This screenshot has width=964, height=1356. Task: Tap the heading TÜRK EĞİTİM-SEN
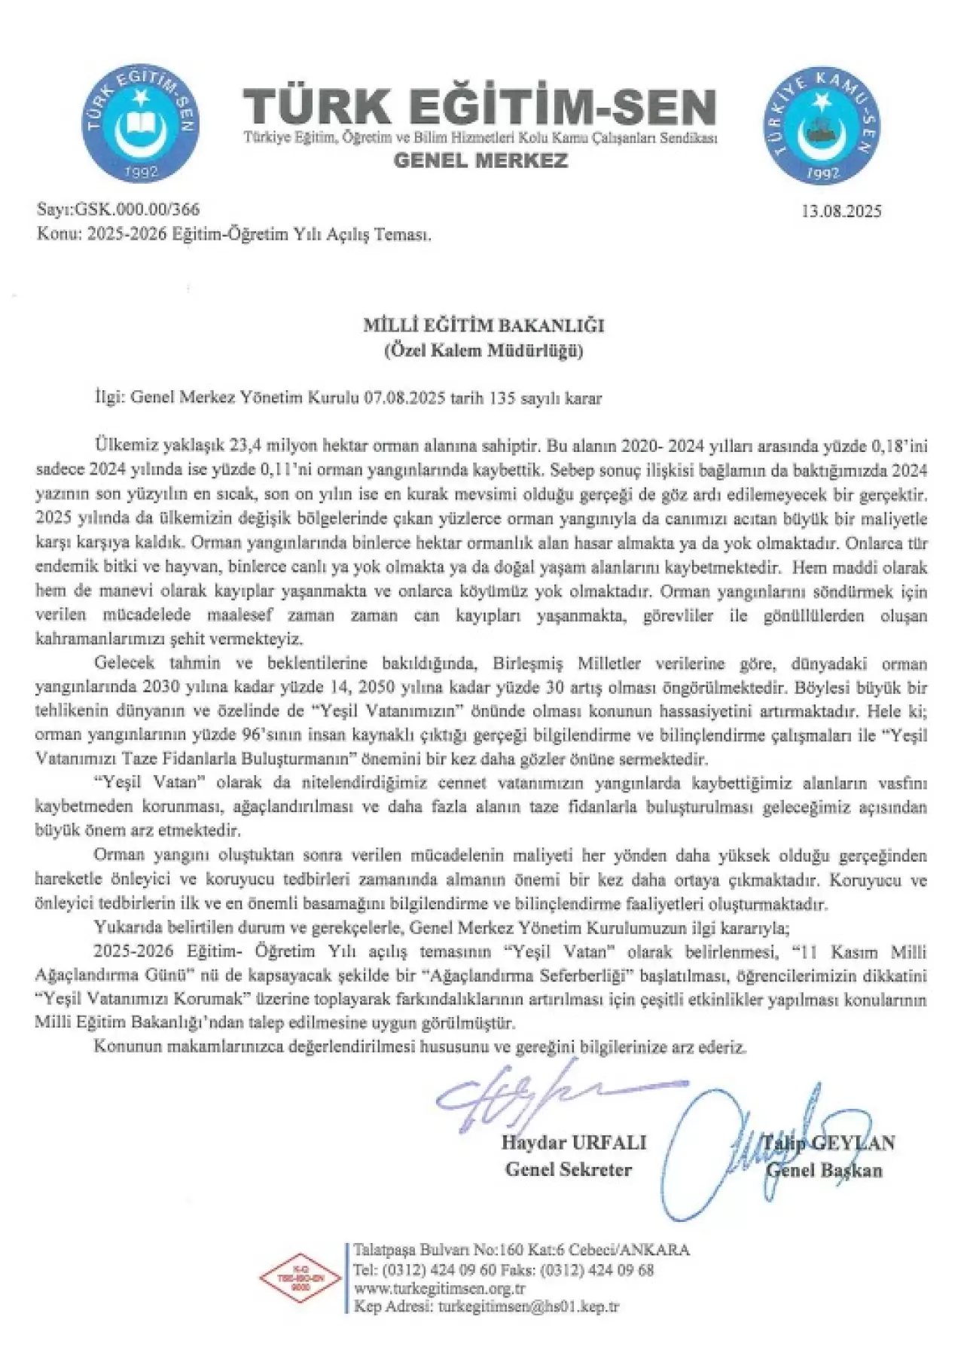point(478,107)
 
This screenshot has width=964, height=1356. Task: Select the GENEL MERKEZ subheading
point(481,160)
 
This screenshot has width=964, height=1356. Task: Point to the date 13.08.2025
point(842,210)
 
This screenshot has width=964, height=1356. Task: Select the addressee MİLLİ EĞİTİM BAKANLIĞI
point(484,326)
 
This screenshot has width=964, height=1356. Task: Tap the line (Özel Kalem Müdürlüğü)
point(484,350)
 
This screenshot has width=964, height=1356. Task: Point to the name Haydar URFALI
point(573,1142)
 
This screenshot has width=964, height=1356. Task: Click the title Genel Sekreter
point(569,1169)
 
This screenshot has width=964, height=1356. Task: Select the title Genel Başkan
point(824,1170)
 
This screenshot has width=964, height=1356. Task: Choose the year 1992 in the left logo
point(143,173)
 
